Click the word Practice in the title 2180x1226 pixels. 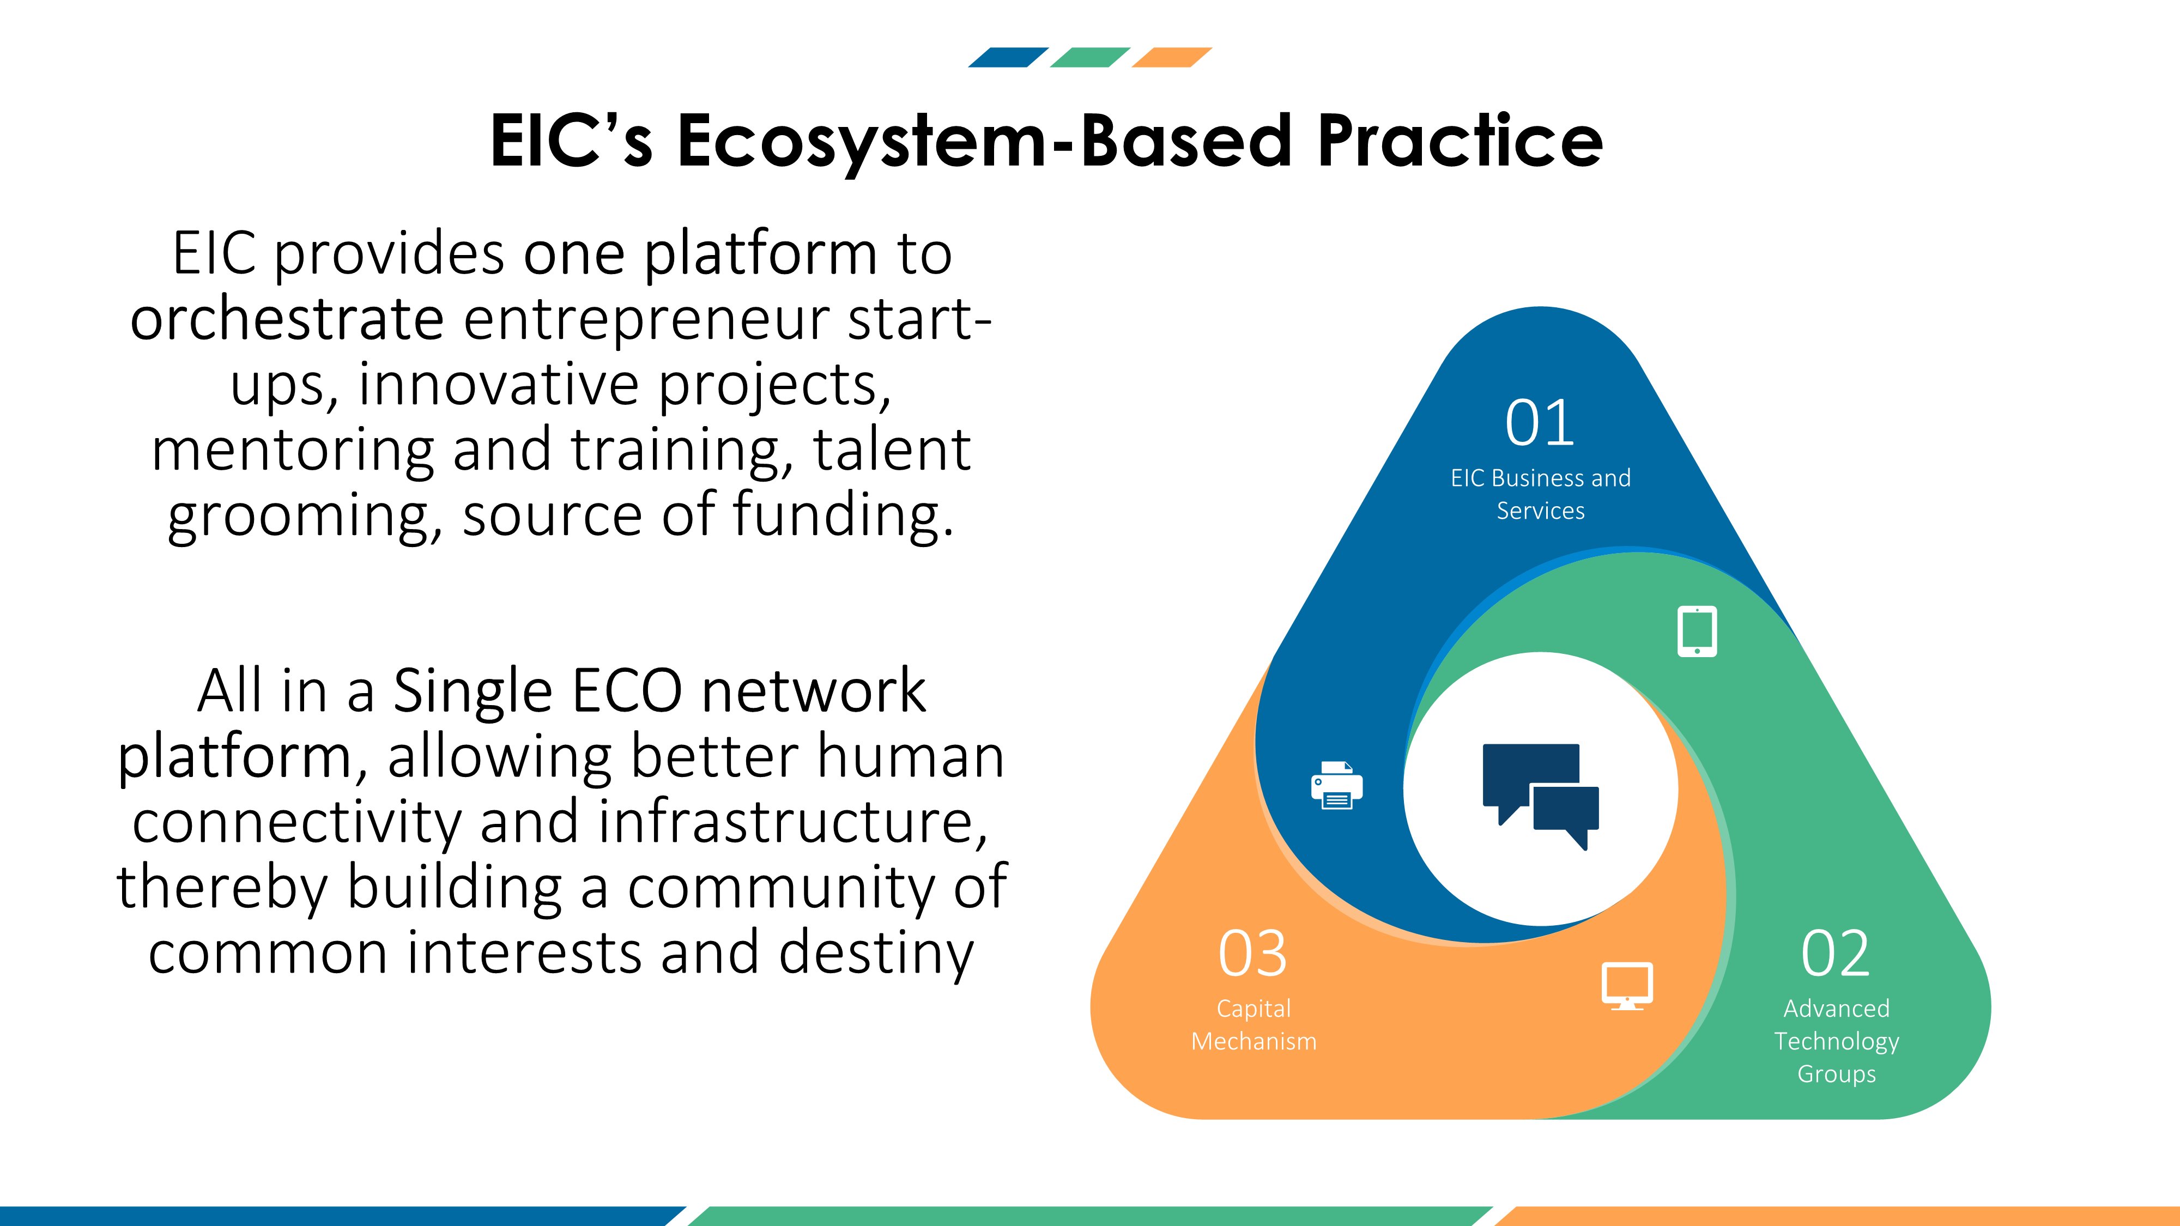[1460, 141]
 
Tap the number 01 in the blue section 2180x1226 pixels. [1540, 423]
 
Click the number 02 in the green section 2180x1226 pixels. [1834, 954]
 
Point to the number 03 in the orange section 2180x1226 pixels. [1252, 954]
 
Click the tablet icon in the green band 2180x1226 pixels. [1697, 631]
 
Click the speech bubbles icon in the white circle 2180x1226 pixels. [1540, 796]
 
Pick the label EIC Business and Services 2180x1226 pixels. [1540, 494]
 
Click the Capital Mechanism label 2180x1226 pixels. [1253, 1024]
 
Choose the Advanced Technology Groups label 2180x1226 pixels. [1837, 1041]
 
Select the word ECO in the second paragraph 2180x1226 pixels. [627, 691]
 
